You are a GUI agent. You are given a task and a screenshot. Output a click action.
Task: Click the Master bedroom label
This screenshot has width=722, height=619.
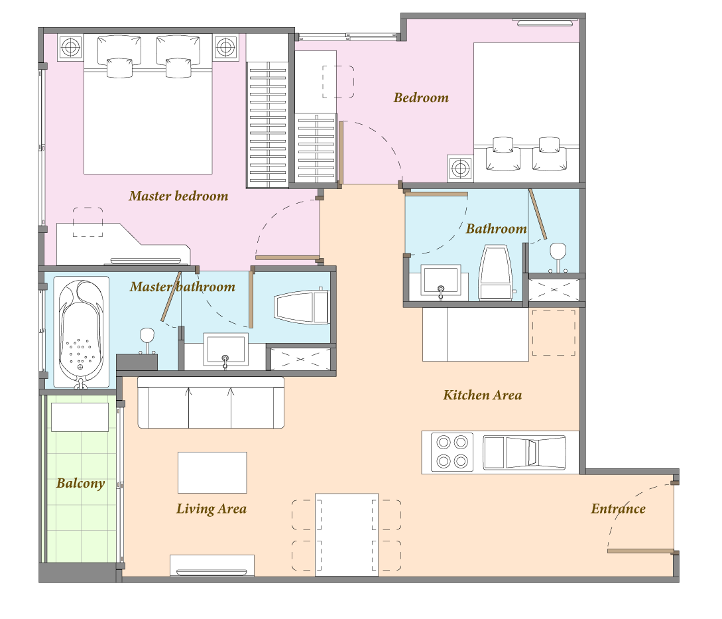pyautogui.click(x=178, y=196)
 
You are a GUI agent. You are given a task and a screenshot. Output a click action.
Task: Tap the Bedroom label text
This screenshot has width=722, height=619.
pyautogui.click(x=421, y=98)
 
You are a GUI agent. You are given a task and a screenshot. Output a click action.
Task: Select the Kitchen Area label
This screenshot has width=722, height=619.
pyautogui.click(x=483, y=395)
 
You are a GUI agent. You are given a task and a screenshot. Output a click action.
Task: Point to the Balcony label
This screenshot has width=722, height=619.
pyautogui.click(x=81, y=484)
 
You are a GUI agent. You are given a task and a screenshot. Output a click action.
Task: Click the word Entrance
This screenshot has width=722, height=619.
pyautogui.click(x=618, y=509)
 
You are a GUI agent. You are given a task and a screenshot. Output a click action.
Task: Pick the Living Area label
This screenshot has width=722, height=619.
pyautogui.click(x=211, y=509)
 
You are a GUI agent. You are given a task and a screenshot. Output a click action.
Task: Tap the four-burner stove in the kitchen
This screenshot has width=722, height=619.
pyautogui.click(x=452, y=452)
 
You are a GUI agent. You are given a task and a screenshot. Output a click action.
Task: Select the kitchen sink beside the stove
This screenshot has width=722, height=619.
pyautogui.click(x=524, y=452)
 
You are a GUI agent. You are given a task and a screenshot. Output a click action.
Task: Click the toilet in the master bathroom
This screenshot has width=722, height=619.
pyautogui.click(x=302, y=306)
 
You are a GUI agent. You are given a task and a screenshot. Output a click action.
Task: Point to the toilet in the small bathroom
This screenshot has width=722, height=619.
pyautogui.click(x=495, y=273)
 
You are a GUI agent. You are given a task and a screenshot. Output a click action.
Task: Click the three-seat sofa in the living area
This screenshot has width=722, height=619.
pyautogui.click(x=211, y=402)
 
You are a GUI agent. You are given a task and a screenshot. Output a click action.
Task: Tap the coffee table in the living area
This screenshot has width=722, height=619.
pyautogui.click(x=212, y=472)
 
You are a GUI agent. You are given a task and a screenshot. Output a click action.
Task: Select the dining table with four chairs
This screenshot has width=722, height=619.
pyautogui.click(x=347, y=535)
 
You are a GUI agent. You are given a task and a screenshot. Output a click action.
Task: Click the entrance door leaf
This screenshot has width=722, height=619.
pyautogui.click(x=641, y=551)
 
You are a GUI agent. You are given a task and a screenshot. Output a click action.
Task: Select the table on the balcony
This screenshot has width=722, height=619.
pyautogui.click(x=80, y=417)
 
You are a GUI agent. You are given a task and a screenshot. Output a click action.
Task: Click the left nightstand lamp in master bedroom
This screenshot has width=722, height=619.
pyautogui.click(x=70, y=47)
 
